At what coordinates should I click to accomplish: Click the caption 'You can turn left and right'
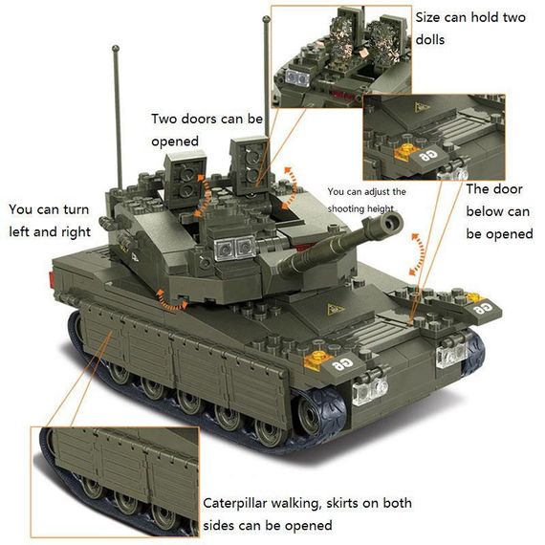(50, 220)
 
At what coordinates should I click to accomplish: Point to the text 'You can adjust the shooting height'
(366, 200)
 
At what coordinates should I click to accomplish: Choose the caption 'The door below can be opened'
(498, 211)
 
